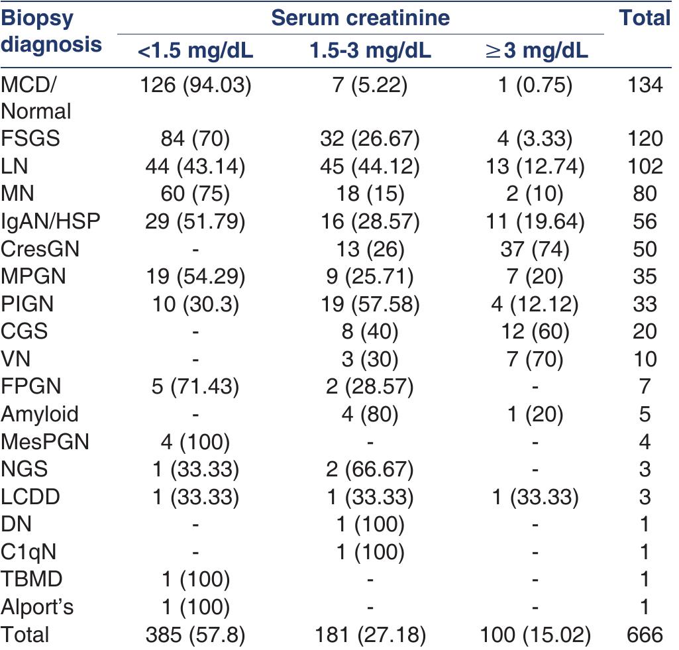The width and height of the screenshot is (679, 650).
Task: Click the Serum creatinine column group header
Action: [x=361, y=17]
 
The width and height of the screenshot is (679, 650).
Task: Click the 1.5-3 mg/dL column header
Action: [x=370, y=51]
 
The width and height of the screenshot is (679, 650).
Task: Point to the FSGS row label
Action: [x=30, y=138]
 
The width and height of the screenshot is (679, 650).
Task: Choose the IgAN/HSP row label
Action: [x=50, y=221]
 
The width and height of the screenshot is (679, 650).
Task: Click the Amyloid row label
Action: [x=40, y=415]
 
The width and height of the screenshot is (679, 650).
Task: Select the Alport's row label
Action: [x=36, y=608]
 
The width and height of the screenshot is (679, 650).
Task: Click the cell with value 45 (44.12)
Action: [x=370, y=166]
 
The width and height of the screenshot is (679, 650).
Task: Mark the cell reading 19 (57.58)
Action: [x=370, y=304]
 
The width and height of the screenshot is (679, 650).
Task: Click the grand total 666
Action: [x=644, y=635]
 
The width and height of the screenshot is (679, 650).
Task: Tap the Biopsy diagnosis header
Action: [x=52, y=30]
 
